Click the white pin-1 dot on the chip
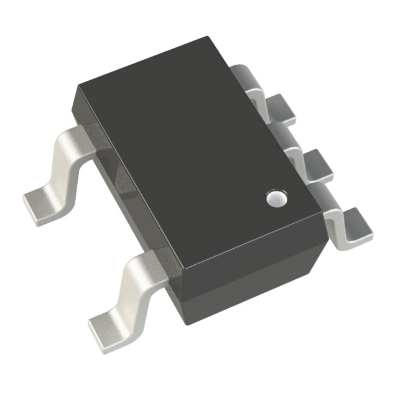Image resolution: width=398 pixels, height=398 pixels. point(274,198)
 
